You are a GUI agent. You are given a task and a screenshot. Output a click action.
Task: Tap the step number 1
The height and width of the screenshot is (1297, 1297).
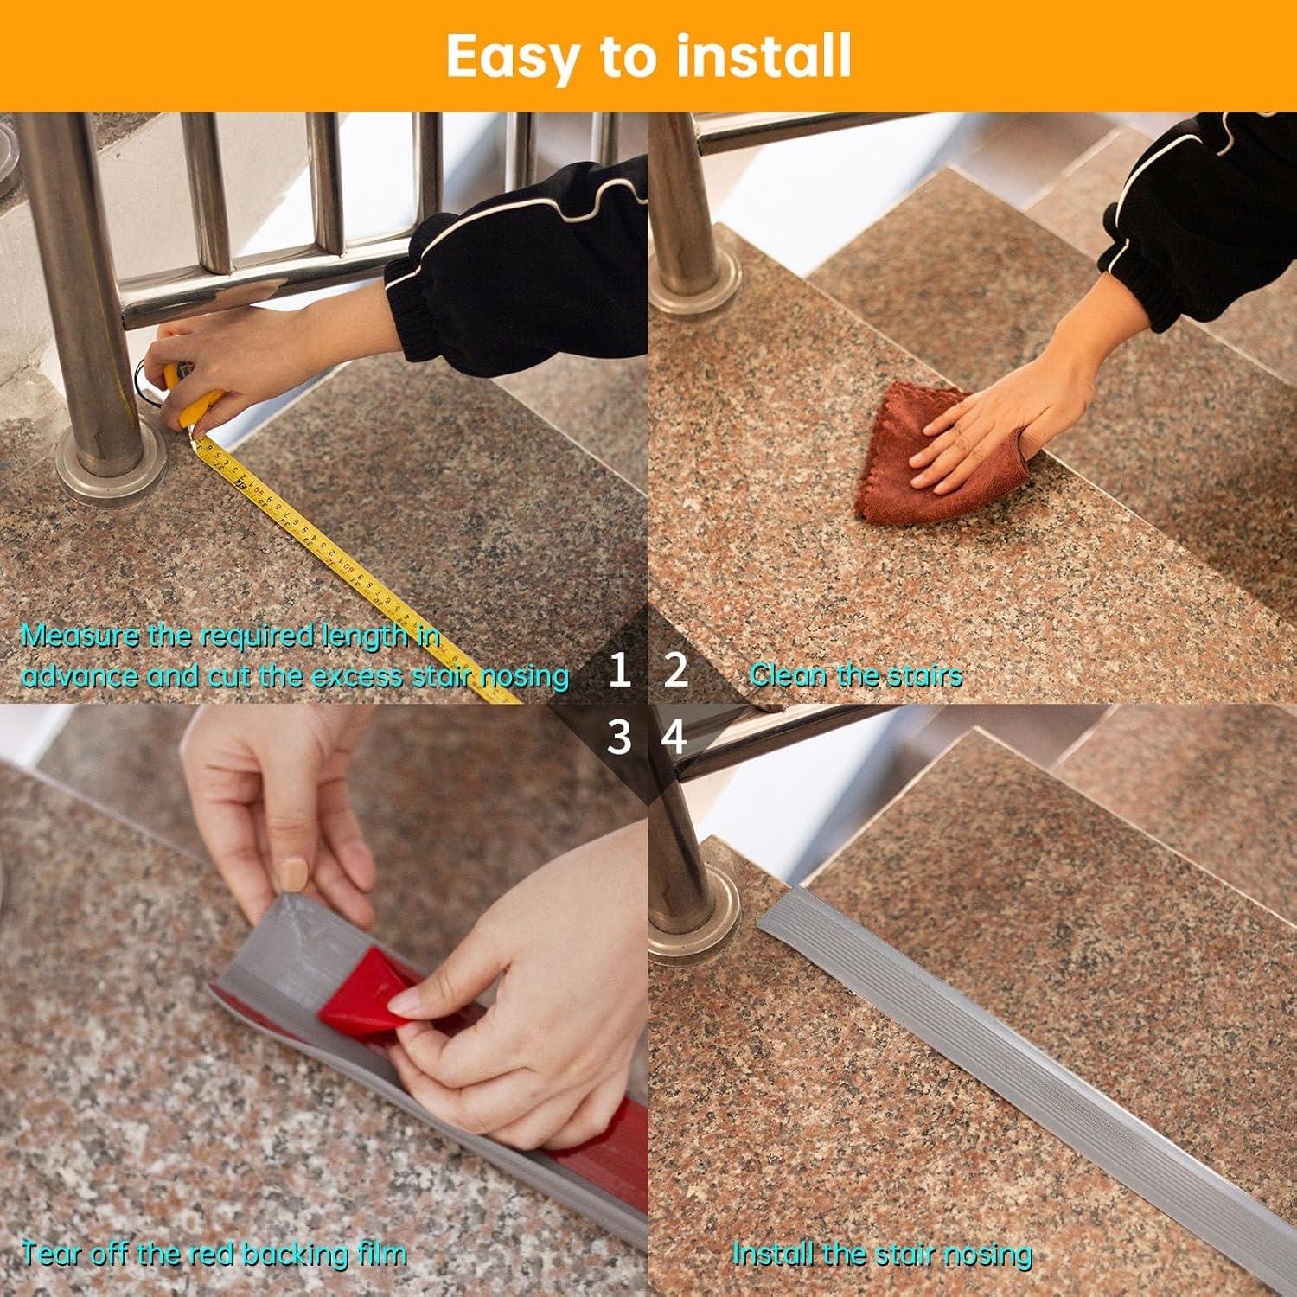point(619,671)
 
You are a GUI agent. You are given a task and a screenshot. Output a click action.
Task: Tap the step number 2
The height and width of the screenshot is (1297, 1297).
point(675,671)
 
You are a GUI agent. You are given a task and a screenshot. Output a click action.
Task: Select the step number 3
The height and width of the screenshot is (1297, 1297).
point(619,738)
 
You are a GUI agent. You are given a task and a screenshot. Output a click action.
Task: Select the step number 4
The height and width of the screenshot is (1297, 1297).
point(674,738)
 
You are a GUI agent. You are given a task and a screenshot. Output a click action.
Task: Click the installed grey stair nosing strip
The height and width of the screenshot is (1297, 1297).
point(994,1038)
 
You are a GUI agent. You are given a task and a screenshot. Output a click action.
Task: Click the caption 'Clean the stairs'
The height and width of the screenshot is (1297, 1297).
point(855,674)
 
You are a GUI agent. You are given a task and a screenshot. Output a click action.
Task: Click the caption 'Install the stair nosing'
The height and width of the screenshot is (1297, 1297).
point(882,1253)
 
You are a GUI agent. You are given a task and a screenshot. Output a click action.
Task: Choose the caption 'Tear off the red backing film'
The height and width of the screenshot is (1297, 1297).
point(214,1253)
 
